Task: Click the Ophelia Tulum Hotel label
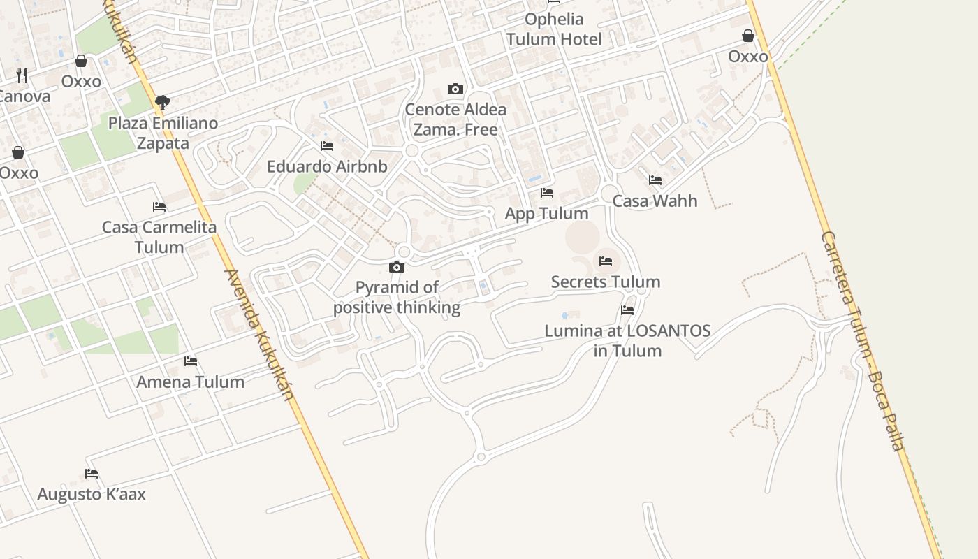pos(554,29)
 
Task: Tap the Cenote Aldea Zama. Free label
pos(455,119)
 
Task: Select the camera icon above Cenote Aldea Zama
pos(455,89)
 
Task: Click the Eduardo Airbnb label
pos(327,167)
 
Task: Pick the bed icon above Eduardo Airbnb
pos(327,146)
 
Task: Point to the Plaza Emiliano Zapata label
pos(163,133)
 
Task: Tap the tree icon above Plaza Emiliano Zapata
pos(163,103)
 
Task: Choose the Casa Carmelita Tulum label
pos(159,237)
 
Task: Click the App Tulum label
pos(546,213)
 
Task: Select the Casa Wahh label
pos(655,201)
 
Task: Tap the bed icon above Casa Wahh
pos(655,180)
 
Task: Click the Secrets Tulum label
pos(606,282)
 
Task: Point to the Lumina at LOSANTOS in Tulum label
pos(627,340)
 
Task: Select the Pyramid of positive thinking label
pos(397,297)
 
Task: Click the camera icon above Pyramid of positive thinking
pos(397,267)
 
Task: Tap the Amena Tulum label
pos(190,382)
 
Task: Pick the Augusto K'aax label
pos(92,495)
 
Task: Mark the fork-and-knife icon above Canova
pos(22,75)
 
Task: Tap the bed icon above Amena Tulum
pos(191,361)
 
